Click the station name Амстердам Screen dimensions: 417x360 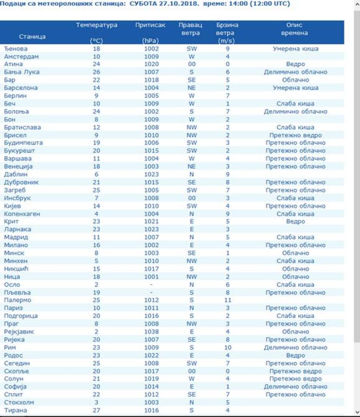tap(21, 57)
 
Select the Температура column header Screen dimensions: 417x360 tap(96, 25)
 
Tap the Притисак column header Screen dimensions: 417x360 tap(150, 25)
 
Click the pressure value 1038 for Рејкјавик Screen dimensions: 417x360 tap(151, 332)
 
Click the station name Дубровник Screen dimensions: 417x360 tap(21, 182)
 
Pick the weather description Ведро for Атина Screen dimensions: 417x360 tap(295, 64)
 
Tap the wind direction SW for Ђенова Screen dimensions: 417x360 tap(191, 49)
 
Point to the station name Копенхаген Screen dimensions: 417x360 tap(22, 214)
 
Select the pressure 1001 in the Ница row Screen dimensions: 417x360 tap(151, 277)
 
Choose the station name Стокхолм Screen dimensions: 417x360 tap(19, 402)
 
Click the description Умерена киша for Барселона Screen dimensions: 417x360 tap(295, 88)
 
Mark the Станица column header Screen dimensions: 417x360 tap(32, 37)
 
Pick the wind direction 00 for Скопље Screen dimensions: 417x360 tap(191, 371)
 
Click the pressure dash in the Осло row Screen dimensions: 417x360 tap(151, 285)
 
